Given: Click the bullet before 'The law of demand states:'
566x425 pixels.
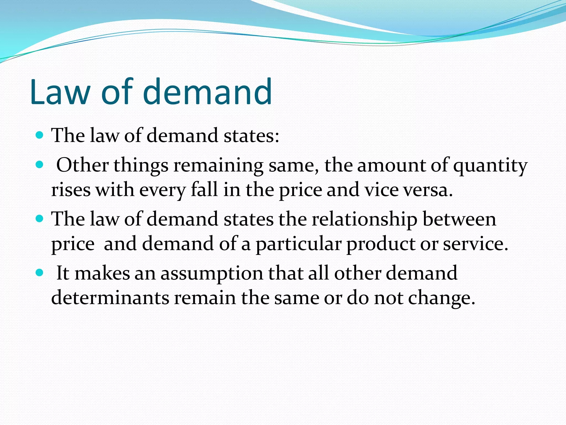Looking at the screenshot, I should (x=40, y=135).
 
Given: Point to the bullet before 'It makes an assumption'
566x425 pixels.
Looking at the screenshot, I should (x=40, y=273).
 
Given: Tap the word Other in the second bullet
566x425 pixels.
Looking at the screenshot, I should (x=82, y=165).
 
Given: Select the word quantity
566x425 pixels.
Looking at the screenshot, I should (x=490, y=166).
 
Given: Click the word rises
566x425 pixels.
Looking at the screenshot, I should (x=71, y=190).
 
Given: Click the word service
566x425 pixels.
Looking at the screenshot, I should (x=475, y=244).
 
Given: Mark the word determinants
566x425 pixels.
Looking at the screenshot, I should (x=110, y=298).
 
